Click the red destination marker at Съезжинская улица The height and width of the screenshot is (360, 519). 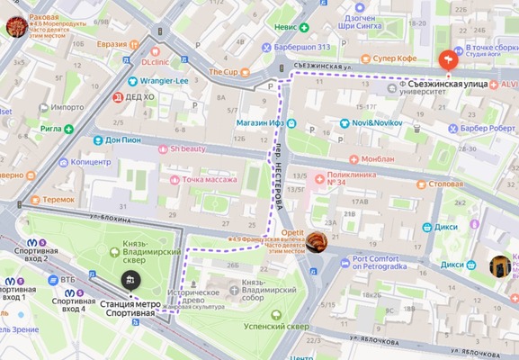(x=448, y=60)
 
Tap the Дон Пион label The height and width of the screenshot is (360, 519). (x=124, y=139)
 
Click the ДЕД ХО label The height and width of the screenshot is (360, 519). (x=139, y=97)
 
